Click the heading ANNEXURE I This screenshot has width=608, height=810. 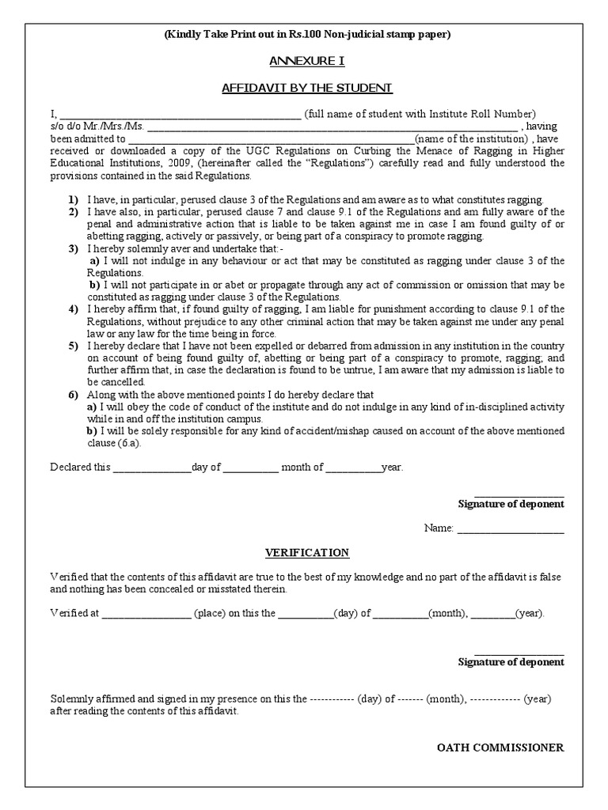307,61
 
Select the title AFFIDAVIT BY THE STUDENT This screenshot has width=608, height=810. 307,87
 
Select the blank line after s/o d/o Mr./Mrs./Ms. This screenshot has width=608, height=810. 332,126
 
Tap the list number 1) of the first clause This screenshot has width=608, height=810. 73,200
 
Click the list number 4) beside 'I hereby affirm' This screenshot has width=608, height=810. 73,308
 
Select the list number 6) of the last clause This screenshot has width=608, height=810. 73,394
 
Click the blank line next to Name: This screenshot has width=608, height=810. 511,528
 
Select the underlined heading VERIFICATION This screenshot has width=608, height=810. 307,552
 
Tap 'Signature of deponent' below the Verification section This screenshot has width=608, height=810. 511,662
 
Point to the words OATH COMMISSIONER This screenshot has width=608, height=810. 500,748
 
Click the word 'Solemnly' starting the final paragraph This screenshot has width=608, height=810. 70,699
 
